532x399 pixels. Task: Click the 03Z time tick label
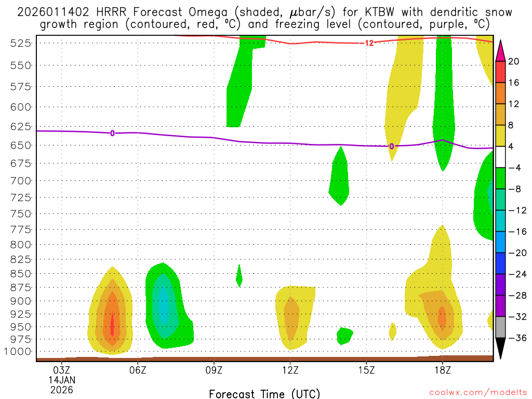pos(62,370)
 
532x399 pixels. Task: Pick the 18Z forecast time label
pos(442,370)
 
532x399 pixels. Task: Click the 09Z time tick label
pos(214,370)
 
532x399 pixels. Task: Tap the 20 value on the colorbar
pos(513,62)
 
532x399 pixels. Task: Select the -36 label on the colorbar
pos(513,338)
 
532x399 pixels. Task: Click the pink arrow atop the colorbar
pos(500,50)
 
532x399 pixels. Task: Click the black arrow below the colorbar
pos(500,349)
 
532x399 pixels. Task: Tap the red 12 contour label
pos(369,43)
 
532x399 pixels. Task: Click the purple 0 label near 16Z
pos(391,147)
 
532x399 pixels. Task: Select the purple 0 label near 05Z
pos(112,134)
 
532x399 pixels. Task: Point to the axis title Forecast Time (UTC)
pos(264,394)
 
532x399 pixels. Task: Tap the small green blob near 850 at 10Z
pos(239,276)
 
